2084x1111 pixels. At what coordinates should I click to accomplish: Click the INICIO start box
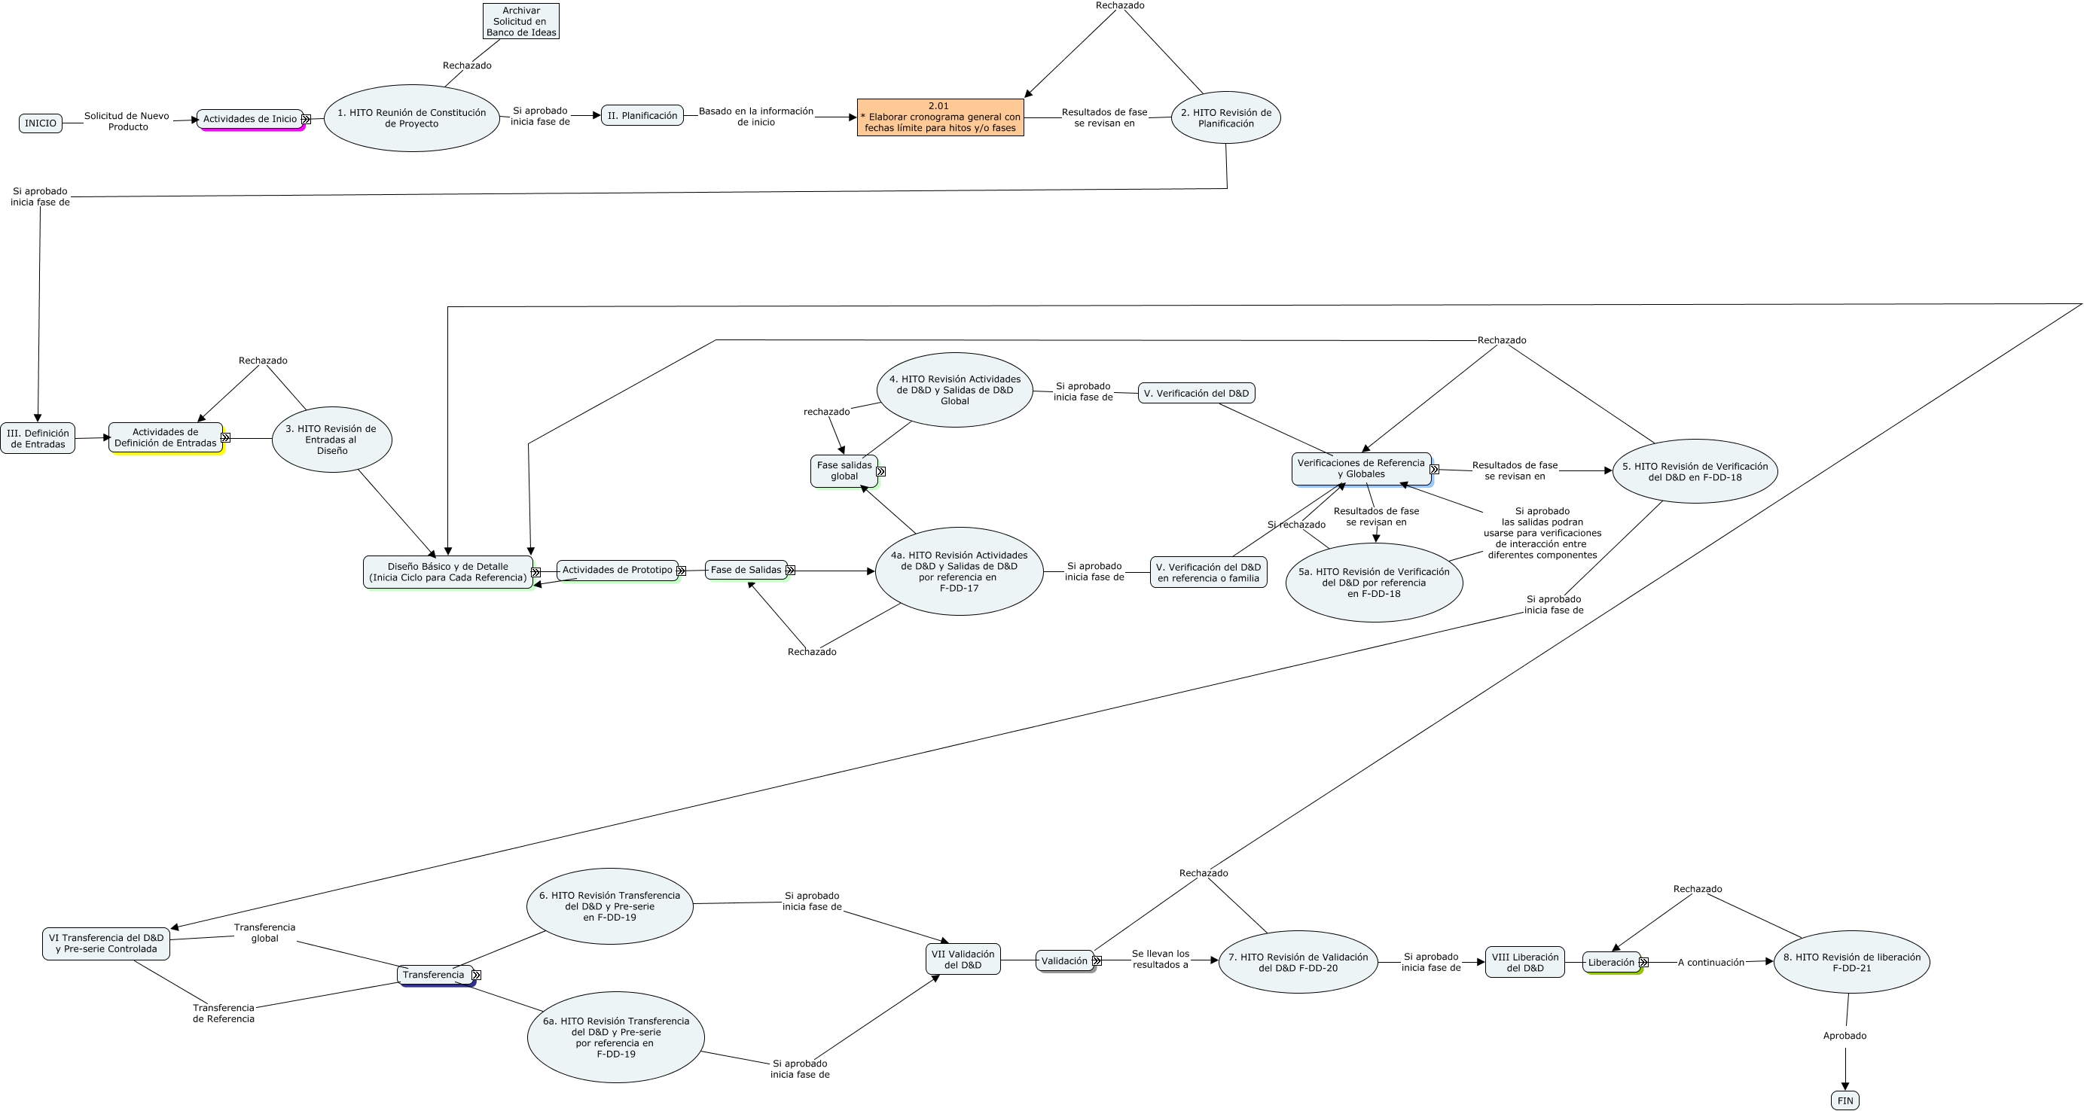point(41,123)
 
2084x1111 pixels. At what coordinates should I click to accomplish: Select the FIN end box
point(1844,1100)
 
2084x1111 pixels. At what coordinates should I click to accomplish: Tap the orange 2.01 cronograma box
point(940,117)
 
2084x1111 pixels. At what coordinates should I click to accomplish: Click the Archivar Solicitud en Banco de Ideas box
point(521,22)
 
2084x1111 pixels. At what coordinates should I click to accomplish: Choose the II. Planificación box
point(642,116)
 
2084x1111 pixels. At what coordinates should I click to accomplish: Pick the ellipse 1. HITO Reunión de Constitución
point(412,118)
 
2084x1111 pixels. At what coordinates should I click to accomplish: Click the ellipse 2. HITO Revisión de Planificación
point(1225,118)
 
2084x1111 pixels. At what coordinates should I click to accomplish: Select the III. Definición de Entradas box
point(38,438)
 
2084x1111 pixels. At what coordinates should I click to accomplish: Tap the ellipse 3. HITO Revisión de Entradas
point(331,440)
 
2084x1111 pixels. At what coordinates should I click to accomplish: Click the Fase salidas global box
point(844,470)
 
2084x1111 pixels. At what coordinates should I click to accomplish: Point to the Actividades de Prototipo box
point(618,570)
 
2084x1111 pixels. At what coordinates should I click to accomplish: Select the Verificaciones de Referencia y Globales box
point(1361,468)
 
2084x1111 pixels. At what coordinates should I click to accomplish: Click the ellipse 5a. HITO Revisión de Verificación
point(1374,582)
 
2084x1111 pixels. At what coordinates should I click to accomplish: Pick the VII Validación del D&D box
point(963,960)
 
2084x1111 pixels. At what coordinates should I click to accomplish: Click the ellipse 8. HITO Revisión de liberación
point(1851,962)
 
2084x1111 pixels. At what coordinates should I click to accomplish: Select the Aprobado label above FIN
point(1844,1036)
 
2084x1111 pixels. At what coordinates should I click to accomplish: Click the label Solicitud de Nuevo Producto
point(127,121)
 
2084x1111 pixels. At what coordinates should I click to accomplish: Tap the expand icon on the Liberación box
point(1643,962)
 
